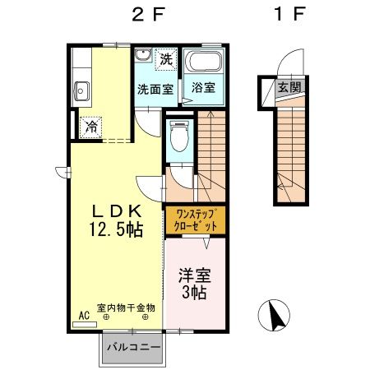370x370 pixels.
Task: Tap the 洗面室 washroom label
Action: (154, 88)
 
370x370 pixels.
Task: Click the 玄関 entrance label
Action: (288, 87)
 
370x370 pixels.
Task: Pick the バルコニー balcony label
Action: (133, 348)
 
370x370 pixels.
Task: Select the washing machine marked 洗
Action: (166, 59)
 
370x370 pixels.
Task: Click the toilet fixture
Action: (178, 136)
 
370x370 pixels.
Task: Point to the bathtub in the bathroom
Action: (202, 62)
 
